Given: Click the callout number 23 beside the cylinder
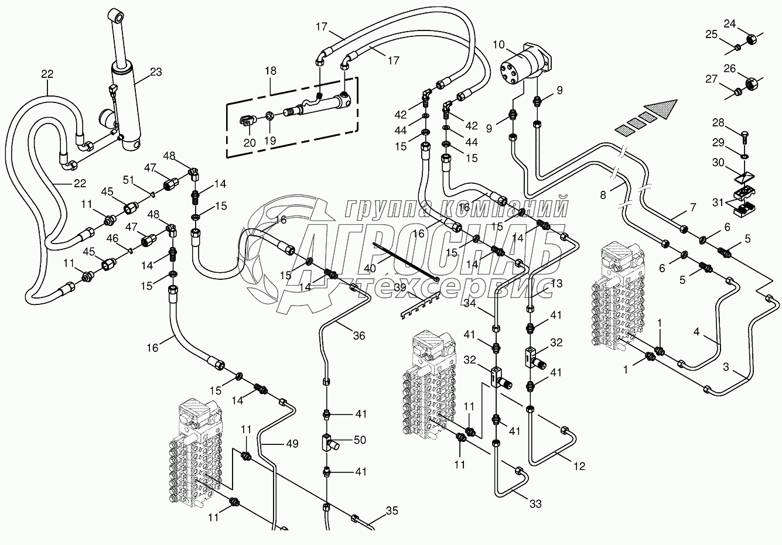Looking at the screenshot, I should click(x=156, y=73).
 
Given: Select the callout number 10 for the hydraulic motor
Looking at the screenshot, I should click(x=498, y=44).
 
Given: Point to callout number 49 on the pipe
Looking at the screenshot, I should click(x=292, y=444).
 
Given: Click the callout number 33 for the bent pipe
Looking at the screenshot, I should click(x=535, y=503).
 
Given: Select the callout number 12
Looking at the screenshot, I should click(x=579, y=467).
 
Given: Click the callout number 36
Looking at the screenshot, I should click(x=358, y=335).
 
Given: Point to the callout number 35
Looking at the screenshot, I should click(x=392, y=511).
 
